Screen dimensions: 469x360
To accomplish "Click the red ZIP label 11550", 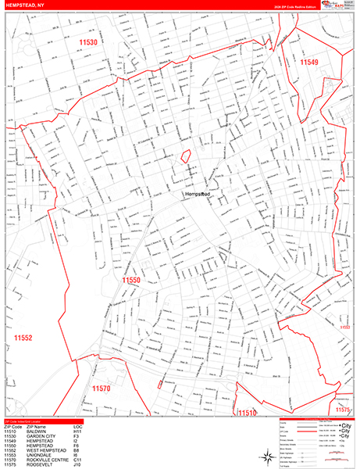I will tap(130, 278).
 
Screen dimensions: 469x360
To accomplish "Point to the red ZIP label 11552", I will tap(23, 337).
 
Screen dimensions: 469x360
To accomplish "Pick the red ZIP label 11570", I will tap(102, 388).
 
